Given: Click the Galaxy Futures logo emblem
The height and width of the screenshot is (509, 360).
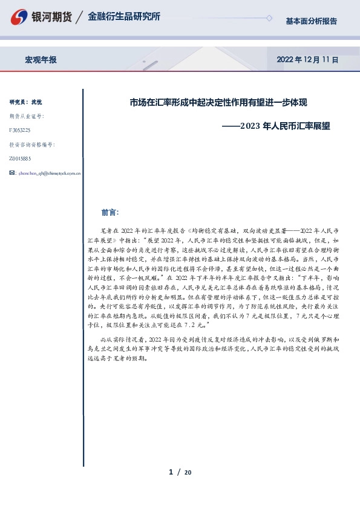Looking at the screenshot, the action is [20, 17].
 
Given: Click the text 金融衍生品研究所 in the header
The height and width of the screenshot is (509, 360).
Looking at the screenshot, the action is [124, 17].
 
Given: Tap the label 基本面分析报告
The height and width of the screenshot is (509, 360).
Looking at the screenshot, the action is [311, 21].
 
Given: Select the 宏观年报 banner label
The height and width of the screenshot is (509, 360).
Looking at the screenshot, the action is [41, 60].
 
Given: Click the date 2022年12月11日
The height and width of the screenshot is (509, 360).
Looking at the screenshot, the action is [307, 60].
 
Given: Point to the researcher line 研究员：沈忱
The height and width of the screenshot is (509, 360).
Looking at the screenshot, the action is [26, 102].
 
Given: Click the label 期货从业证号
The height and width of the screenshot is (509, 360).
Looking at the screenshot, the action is [27, 115].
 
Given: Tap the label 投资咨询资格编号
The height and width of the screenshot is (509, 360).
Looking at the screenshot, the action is [32, 144].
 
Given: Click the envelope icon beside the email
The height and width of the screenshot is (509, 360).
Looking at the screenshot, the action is [13, 173].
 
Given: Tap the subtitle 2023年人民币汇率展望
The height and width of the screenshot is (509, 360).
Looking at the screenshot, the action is [281, 127].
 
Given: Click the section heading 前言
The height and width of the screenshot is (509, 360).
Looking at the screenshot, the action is [110, 212].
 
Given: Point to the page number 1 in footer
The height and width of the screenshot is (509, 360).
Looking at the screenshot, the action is [171, 472].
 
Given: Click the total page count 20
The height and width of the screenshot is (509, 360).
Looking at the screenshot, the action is [188, 472].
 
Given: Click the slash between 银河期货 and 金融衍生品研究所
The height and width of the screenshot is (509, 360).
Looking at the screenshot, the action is [79, 17].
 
